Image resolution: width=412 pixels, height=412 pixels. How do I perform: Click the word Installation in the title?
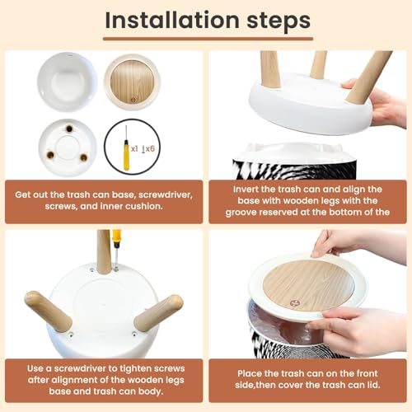172,20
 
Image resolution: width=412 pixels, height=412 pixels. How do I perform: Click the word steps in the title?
279,21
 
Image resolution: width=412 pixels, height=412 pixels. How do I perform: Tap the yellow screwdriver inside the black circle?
126,148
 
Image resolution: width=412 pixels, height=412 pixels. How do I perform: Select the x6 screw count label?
148,149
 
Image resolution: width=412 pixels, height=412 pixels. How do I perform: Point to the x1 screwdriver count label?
134,149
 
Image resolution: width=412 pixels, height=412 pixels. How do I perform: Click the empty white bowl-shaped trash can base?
67,82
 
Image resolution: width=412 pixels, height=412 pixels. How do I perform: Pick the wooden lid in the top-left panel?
133,82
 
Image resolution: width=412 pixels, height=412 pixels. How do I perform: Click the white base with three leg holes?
68,147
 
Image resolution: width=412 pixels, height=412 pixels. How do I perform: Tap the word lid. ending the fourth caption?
373,385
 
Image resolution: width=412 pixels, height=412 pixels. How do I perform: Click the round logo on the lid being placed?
294,303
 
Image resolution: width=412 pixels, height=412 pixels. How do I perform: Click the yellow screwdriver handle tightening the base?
117,239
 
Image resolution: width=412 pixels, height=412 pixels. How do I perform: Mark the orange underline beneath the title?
208,39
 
